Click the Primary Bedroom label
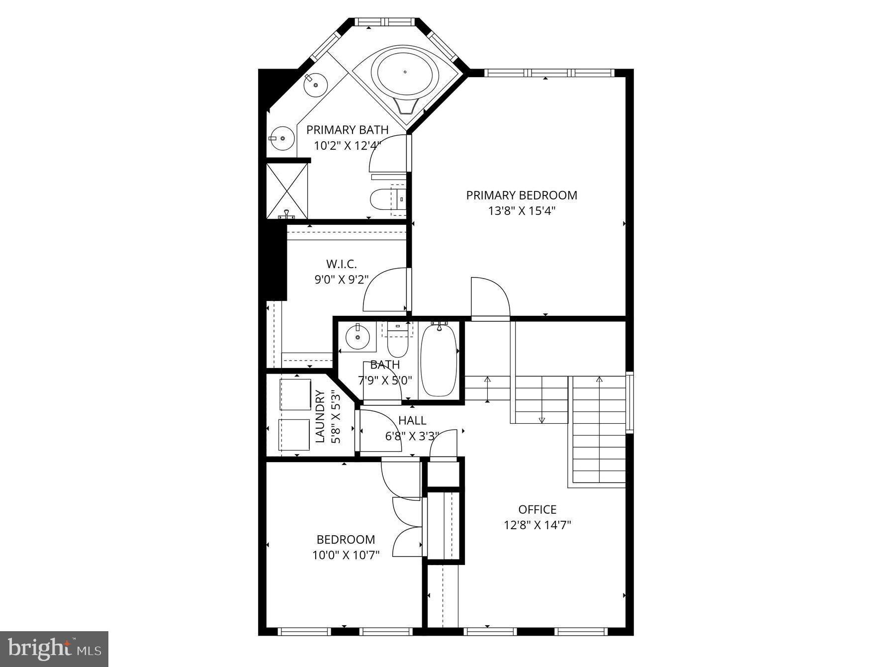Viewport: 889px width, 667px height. click(x=521, y=195)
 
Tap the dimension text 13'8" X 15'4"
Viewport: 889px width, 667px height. click(x=521, y=211)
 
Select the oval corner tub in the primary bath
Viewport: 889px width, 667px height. click(x=408, y=73)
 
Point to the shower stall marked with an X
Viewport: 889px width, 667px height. click(x=287, y=190)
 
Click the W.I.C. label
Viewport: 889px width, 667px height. click(x=341, y=264)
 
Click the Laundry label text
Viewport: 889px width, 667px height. click(x=320, y=416)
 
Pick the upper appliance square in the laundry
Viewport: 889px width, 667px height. click(x=295, y=394)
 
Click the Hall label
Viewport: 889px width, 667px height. click(x=412, y=421)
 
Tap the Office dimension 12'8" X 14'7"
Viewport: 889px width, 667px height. click(x=537, y=525)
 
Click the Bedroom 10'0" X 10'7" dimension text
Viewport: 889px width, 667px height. click(x=346, y=555)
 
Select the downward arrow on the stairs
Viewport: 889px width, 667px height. click(x=541, y=419)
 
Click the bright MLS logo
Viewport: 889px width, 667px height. click(x=54, y=649)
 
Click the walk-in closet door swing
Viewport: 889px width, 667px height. click(x=385, y=291)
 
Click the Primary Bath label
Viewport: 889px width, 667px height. click(x=347, y=130)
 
